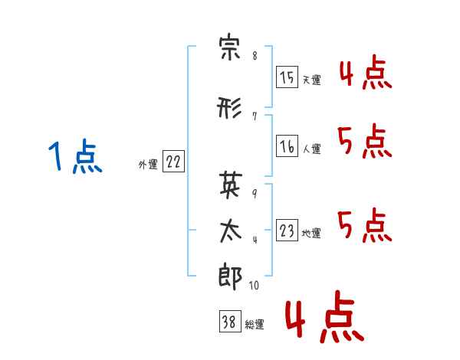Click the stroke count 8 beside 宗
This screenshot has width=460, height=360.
(255, 56)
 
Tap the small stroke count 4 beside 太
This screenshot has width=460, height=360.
(255, 238)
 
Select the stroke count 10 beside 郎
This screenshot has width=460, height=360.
(255, 286)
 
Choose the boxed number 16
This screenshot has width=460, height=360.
(287, 146)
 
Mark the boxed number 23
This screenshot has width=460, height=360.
(287, 230)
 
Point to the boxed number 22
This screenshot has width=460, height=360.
(173, 162)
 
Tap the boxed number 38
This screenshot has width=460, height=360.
(229, 322)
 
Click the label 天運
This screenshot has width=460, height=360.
(311, 80)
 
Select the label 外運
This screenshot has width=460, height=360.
(148, 163)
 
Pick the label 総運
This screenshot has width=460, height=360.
(255, 324)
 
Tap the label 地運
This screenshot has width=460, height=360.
(311, 233)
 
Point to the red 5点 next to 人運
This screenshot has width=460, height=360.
(365, 142)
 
